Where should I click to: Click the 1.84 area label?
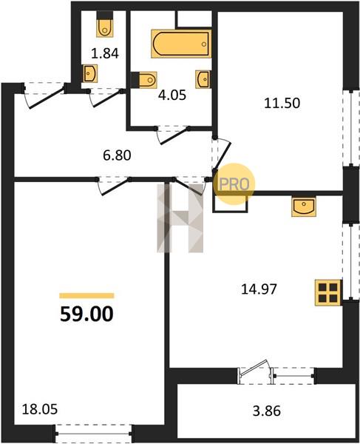105,53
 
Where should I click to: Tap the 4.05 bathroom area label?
172,95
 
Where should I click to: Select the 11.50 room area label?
282,103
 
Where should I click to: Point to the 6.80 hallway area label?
117,155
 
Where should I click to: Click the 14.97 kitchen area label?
259,289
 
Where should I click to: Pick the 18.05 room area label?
40,409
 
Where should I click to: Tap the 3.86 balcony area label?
267,411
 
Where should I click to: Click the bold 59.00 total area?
86,314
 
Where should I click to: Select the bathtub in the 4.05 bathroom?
181,44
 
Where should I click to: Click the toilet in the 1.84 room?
105,24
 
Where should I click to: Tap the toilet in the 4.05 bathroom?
144,80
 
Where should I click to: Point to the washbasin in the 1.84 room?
90,73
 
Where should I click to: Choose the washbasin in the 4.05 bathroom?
203,79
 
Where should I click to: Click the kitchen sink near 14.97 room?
304,207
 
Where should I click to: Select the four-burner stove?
328,293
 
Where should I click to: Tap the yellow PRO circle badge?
234,184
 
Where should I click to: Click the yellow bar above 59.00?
86,296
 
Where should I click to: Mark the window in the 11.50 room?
351,127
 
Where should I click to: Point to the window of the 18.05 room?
94,433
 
